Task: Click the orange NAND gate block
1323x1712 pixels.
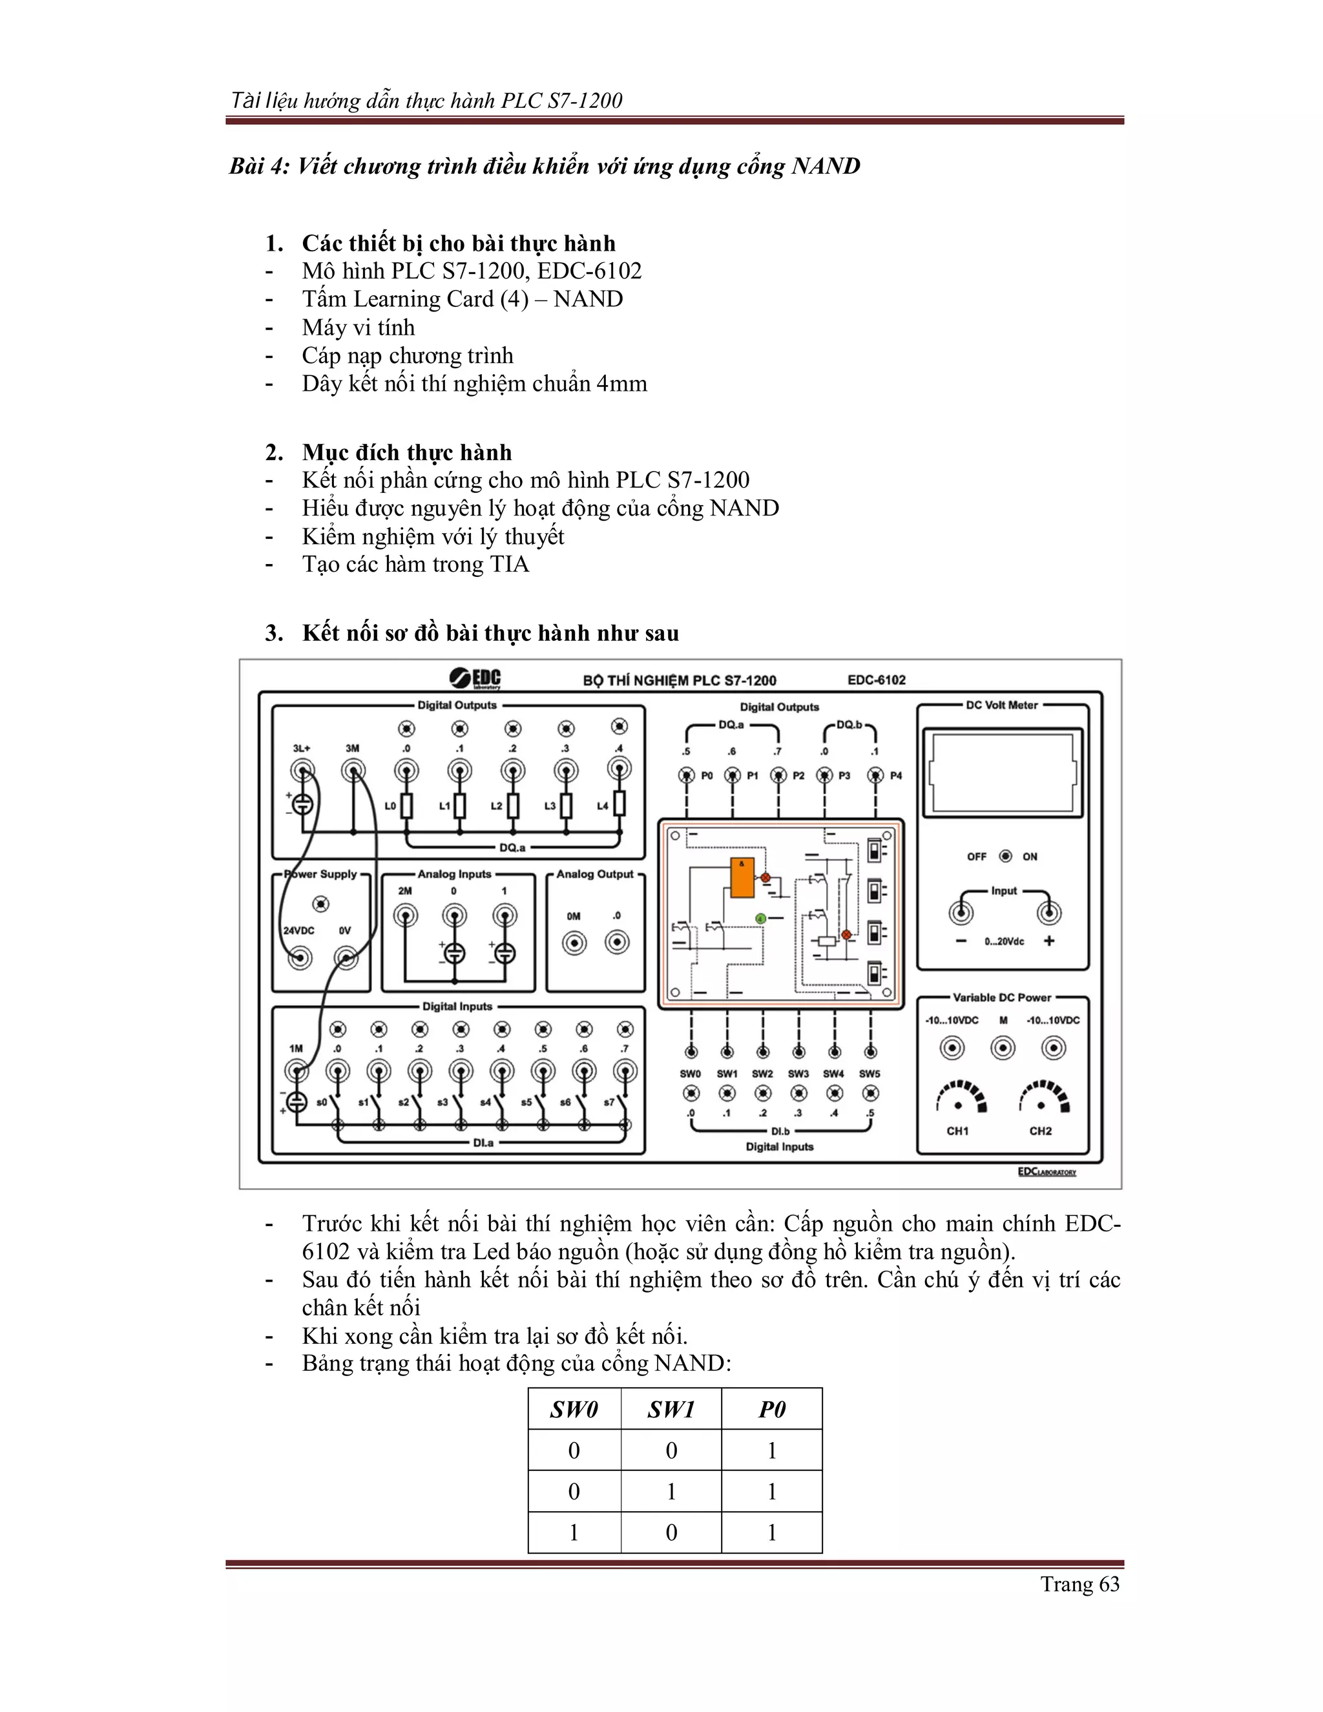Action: tap(742, 877)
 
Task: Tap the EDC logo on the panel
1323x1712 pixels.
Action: tap(475, 678)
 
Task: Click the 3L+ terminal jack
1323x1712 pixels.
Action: tap(302, 772)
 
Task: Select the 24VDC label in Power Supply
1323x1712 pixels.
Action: tap(298, 930)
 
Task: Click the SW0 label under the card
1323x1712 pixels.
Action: tap(691, 1073)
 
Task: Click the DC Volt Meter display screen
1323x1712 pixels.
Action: tap(1002, 773)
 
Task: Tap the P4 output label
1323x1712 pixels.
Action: tap(896, 775)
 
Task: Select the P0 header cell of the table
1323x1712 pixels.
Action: tap(771, 1410)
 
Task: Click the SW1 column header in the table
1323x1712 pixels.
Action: tap(671, 1410)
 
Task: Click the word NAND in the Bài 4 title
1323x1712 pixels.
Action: tap(826, 166)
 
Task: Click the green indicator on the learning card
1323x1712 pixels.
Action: tap(760, 918)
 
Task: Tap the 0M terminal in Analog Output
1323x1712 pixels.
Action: tap(574, 943)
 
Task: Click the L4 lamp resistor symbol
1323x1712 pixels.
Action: tap(619, 804)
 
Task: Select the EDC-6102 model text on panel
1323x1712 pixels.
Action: tap(876, 680)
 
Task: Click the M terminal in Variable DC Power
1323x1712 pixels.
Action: tap(1003, 1048)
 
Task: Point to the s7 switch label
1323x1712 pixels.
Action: tap(609, 1102)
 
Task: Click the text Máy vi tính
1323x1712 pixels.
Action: tap(358, 328)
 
